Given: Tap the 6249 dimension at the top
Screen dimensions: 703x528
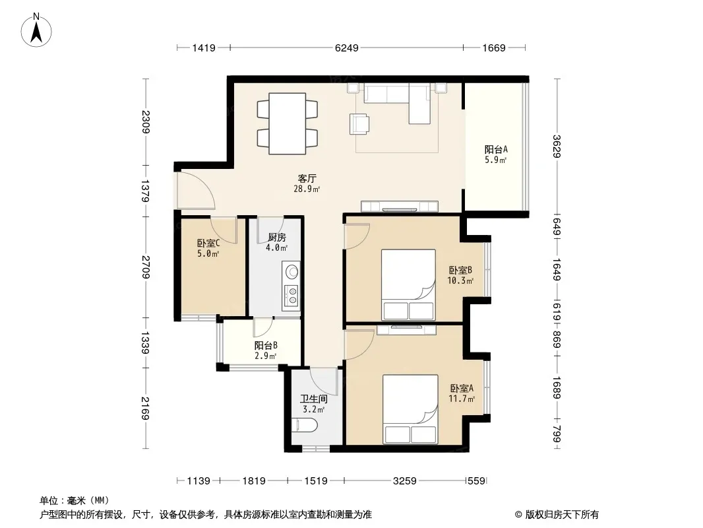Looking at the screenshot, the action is coord(347,48).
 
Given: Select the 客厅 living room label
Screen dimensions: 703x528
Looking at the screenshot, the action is coord(307,178).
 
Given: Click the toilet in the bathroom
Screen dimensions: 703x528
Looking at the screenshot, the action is coord(305,424).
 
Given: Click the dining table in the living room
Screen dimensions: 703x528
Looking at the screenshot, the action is coord(288,123).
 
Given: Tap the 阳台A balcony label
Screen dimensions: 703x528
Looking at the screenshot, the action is coord(496,149).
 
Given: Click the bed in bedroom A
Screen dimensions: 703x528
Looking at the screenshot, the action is coord(410,410).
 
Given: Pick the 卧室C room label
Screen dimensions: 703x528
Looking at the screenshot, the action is coord(208,243).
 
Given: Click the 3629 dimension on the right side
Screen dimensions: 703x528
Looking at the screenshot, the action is coord(557,147).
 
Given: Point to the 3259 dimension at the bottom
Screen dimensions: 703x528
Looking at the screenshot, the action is coord(404,481).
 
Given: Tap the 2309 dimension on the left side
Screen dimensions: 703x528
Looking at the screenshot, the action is coord(146,121).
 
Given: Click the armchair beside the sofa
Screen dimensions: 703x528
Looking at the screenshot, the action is coord(359,124).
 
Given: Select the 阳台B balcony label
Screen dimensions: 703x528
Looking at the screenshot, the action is coord(265,345).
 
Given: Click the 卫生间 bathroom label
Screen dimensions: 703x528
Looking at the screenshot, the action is coord(314,399).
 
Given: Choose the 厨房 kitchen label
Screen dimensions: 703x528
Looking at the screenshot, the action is coord(276,238).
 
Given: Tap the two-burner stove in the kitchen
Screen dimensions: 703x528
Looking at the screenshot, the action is coord(292,294).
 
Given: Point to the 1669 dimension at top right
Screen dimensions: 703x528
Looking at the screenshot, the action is coord(494,48).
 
